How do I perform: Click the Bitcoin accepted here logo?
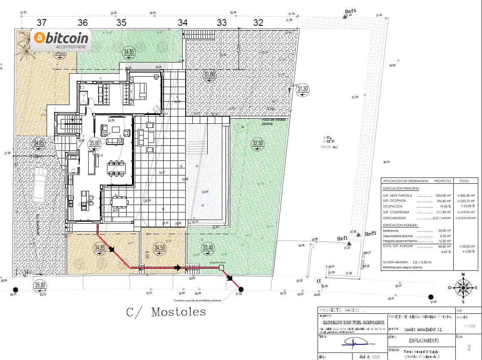click(61, 40)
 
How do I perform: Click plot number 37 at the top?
click(42, 22)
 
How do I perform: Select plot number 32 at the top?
click(258, 22)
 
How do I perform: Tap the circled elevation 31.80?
click(210, 75)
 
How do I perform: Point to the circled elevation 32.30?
click(258, 143)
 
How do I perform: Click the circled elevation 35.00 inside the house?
click(95, 142)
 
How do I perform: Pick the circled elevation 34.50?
click(159, 247)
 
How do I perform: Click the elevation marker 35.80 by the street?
click(40, 285)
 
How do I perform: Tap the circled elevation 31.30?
click(303, 89)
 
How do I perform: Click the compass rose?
click(463, 287)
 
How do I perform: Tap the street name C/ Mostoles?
click(166, 312)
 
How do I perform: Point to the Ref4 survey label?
click(350, 11)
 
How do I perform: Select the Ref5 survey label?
click(370, 234)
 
